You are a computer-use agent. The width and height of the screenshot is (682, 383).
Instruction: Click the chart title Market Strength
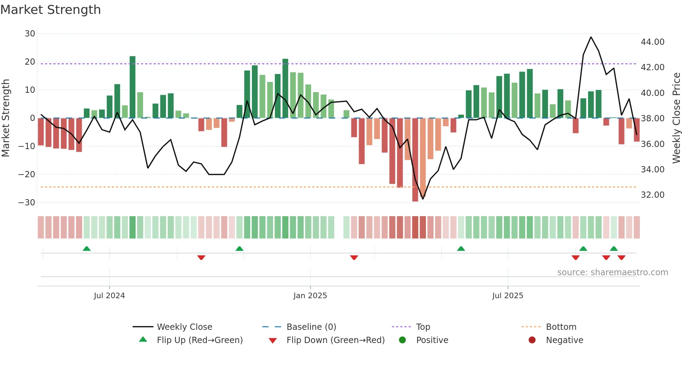tap(50, 10)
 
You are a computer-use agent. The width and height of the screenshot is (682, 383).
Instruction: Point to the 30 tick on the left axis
tap(30, 34)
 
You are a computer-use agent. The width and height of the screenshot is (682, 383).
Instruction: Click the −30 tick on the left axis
tap(27, 203)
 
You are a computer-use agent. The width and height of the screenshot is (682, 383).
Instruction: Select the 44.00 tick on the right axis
tap(652, 42)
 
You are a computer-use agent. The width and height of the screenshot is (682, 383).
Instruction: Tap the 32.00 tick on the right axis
tap(652, 195)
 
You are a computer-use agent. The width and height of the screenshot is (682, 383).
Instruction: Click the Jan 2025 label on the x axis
tap(310, 296)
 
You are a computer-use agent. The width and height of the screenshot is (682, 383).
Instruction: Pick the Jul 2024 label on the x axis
tap(109, 296)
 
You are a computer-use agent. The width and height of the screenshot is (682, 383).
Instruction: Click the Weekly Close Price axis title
tap(676, 118)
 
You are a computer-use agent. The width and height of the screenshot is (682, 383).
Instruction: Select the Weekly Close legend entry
tap(184, 327)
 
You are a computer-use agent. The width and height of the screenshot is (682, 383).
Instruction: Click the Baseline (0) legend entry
tap(311, 327)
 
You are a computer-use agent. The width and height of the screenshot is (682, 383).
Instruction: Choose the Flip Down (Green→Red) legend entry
tap(335, 340)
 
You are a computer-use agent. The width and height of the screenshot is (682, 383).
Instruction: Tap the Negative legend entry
tap(564, 340)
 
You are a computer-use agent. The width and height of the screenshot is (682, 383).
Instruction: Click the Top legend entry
tap(423, 327)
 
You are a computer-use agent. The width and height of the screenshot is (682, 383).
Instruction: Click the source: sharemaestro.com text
tap(612, 272)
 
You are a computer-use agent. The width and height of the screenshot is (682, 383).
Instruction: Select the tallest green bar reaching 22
tap(133, 87)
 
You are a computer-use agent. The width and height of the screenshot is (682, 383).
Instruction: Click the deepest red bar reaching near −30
tap(415, 160)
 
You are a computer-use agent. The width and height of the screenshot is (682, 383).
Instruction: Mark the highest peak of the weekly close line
tap(591, 37)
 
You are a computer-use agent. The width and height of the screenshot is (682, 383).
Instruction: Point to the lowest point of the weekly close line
tap(423, 199)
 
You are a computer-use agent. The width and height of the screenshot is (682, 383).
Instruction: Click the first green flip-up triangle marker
tap(87, 248)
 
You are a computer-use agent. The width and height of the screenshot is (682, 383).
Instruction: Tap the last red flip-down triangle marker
tap(621, 258)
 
